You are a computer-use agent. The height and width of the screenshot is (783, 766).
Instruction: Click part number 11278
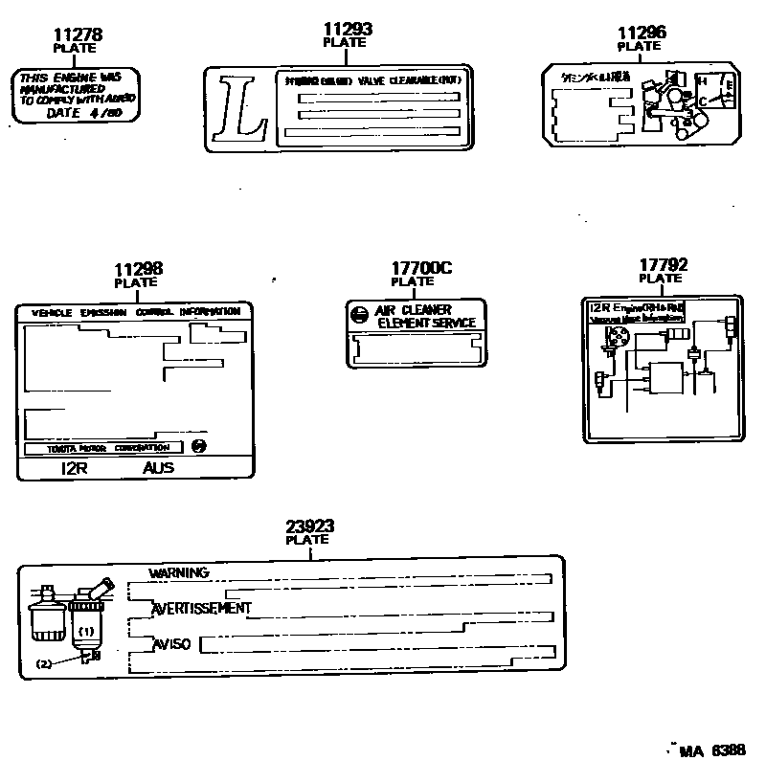coord(78,34)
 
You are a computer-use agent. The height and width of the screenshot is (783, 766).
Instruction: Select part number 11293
coord(348,30)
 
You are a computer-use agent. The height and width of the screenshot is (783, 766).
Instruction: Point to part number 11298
coord(138,270)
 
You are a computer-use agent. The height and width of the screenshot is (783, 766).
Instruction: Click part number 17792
coord(664,264)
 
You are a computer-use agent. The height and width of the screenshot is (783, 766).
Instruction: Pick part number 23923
coord(309,526)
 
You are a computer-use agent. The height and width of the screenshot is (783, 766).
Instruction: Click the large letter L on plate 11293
coord(239,108)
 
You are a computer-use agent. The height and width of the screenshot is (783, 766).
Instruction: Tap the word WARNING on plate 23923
coord(179,572)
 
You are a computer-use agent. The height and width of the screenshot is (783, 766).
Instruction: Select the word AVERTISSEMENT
coord(202,608)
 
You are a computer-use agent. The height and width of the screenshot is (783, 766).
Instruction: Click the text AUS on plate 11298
coord(160,468)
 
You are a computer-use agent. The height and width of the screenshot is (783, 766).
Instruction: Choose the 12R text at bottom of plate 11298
coord(76,468)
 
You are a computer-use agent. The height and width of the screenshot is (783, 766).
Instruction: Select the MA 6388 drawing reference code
coord(711,751)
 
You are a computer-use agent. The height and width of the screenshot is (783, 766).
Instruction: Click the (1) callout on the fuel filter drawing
coord(86,632)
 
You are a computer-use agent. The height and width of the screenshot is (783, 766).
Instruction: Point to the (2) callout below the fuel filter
coord(44,663)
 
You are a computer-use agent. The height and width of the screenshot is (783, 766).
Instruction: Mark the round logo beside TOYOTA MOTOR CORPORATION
coord(198,446)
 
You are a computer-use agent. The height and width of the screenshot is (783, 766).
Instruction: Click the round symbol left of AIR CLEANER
coord(357,315)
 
